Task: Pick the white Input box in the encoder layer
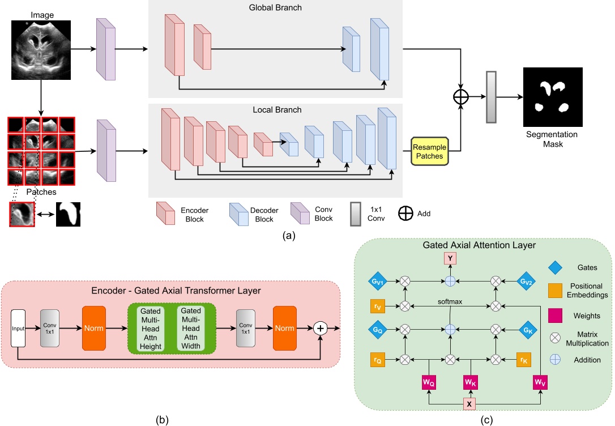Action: (x=18, y=328)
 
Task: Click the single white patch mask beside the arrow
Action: (x=68, y=214)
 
